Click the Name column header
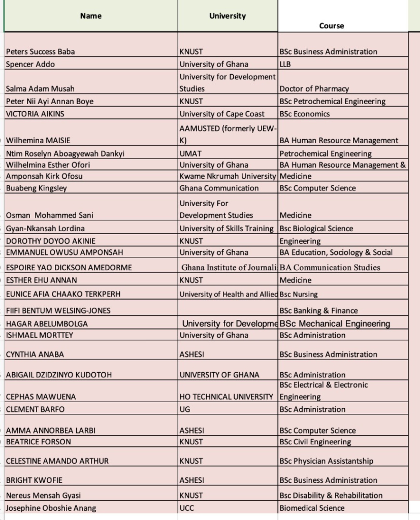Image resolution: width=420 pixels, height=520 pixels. point(91,16)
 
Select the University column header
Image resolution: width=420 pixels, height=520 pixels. point(228,16)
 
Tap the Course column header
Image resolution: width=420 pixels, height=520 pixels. point(332,25)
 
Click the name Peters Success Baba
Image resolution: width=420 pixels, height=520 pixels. point(40,52)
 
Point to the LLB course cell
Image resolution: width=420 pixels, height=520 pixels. point(285,64)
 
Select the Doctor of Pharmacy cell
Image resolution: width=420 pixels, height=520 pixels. point(314,89)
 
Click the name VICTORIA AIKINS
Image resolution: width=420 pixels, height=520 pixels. point(35,114)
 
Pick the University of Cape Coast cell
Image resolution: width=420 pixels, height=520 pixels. point(222,114)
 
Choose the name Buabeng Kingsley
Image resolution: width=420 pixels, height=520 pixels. point(36,188)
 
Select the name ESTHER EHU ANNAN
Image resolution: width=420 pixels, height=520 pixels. point(42,280)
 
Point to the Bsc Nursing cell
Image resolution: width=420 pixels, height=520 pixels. point(299,294)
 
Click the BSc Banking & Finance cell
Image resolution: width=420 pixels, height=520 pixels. point(318,311)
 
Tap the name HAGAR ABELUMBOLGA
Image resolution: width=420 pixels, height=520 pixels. point(47,323)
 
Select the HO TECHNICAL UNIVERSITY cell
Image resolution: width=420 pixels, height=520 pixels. point(227,397)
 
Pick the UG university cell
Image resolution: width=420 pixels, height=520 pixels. point(185,409)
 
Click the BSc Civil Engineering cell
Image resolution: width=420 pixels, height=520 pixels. point(315,442)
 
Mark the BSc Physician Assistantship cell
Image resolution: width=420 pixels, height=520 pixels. point(326,461)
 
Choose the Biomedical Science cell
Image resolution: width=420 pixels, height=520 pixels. point(312,508)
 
